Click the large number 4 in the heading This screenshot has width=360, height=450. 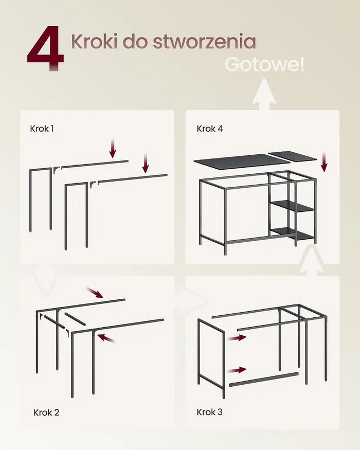click(x=46, y=48)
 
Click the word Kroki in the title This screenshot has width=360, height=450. click(x=95, y=41)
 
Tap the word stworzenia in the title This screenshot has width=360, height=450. click(x=204, y=42)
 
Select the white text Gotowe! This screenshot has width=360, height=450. click(x=264, y=64)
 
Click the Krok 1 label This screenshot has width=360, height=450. click(x=42, y=129)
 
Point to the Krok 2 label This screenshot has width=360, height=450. click(x=46, y=412)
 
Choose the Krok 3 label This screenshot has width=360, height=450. click(x=209, y=412)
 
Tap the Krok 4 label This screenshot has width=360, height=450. click(x=210, y=129)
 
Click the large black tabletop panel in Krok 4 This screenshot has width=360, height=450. click(x=242, y=160)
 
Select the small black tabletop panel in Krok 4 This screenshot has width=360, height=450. click(x=292, y=157)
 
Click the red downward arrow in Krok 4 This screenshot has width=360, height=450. click(x=324, y=162)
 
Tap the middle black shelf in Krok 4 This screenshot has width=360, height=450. click(x=292, y=206)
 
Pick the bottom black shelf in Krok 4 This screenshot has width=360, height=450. click(x=292, y=233)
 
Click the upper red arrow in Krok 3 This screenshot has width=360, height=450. click(x=237, y=337)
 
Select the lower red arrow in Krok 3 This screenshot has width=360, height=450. click(x=237, y=370)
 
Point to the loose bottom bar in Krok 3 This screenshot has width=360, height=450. click(x=264, y=379)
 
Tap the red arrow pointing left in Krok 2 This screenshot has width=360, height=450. click(x=106, y=338)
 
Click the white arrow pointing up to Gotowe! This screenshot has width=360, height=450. click(x=264, y=95)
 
